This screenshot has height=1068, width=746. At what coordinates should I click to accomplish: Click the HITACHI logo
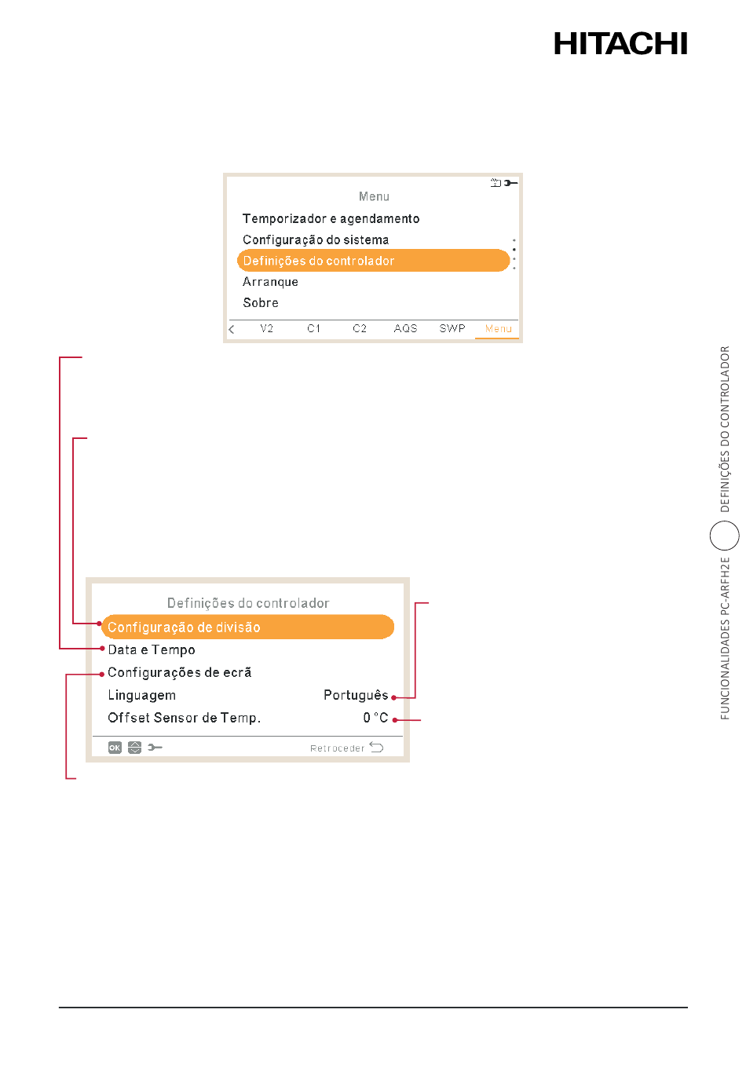pos(620,44)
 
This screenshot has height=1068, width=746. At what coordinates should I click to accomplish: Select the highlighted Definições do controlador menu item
pos(373,261)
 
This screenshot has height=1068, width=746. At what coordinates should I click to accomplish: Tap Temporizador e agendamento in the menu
pos(331,218)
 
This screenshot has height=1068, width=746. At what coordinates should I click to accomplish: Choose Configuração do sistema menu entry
pos(316,240)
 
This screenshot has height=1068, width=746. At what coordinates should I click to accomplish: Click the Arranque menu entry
pos(270,281)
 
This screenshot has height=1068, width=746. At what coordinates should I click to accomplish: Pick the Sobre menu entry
pos(260,302)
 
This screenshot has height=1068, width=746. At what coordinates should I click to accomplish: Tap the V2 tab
pos(266,328)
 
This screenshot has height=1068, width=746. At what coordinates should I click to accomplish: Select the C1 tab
pos(313,328)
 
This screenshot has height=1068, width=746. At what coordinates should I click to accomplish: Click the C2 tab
pos(360,328)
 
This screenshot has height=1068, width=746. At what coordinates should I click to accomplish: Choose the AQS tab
pos(405,328)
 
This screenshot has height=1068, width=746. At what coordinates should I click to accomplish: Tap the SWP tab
pos(452,328)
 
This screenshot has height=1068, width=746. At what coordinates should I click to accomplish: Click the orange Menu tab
pos(498,328)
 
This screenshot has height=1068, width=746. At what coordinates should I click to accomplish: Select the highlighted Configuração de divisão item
pos(247,627)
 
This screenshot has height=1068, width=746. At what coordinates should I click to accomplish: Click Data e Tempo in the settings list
pos(152,649)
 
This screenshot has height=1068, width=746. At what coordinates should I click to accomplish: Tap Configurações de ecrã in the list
pos(180,672)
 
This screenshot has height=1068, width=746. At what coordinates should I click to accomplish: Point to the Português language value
pos(356,695)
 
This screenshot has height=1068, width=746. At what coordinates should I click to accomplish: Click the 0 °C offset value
pos(375,718)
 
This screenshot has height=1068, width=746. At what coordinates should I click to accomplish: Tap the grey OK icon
pos(115,747)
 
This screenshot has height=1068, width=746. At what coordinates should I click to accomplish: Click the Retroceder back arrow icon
pos(377,747)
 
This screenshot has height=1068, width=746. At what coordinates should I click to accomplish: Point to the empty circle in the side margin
pos(724,521)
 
